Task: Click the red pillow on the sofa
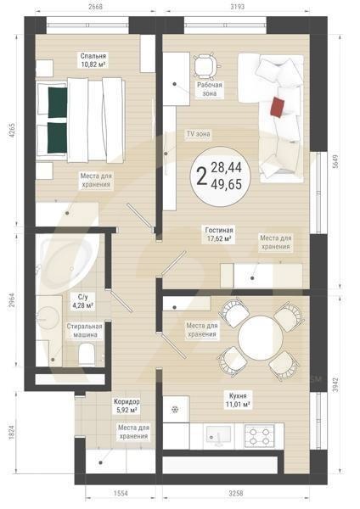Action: [278, 106]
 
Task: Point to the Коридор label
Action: [127, 400]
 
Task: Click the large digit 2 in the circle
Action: [201, 177]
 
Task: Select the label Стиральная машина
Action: [85, 330]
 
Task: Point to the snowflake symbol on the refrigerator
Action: [175, 408]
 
